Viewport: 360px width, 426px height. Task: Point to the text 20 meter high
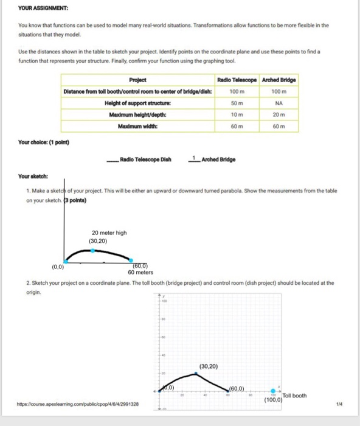[x=109, y=232]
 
